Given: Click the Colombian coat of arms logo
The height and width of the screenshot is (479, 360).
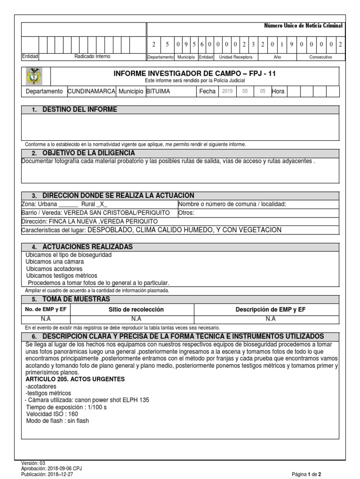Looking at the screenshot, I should (x=36, y=76).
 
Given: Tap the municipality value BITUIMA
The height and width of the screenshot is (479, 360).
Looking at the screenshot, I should (x=158, y=91).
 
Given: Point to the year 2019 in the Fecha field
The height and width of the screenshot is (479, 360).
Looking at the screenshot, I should (x=227, y=91).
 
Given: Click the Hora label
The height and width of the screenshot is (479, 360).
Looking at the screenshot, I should (x=278, y=91).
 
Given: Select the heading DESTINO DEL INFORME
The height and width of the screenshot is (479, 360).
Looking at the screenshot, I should (x=80, y=109).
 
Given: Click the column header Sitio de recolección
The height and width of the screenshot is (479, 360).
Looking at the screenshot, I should (x=136, y=309).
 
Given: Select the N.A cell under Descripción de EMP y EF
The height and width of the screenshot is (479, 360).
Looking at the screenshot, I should (x=270, y=319).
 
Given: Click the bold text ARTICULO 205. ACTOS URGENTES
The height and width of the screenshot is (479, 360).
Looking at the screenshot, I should (x=73, y=379).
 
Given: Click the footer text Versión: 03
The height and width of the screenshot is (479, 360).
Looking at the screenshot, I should (x=33, y=462).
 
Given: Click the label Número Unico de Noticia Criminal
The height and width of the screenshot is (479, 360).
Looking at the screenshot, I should (x=304, y=25).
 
